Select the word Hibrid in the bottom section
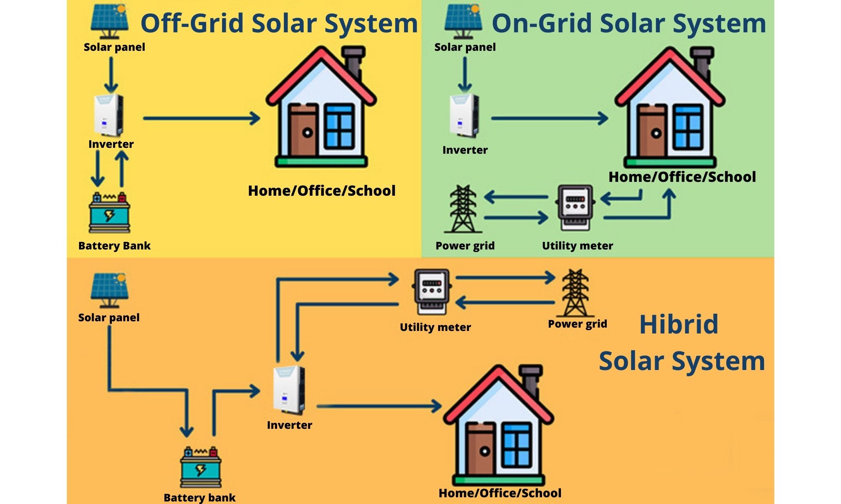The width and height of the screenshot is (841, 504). (679, 324)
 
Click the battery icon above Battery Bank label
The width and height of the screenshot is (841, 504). (109, 213)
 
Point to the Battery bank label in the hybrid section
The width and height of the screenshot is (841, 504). (199, 498)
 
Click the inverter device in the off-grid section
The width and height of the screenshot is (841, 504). (108, 115)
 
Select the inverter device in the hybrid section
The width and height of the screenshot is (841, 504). (289, 391)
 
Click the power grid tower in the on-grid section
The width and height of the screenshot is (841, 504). (463, 209)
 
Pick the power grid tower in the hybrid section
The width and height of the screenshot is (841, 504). (575, 293)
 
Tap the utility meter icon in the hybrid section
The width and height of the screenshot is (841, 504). (432, 291)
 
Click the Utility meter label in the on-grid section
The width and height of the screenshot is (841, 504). (577, 246)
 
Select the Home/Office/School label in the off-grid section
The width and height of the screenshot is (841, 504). (322, 191)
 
